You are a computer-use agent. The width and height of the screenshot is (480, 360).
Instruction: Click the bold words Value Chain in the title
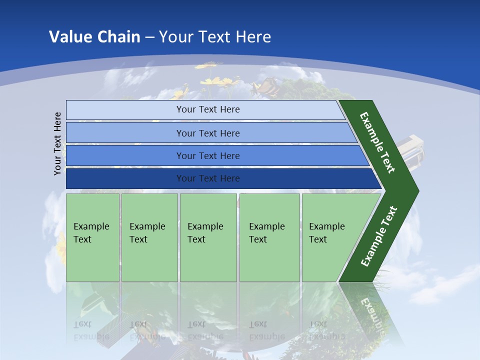click(x=94, y=37)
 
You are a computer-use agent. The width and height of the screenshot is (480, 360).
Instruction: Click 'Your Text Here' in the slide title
click(x=215, y=37)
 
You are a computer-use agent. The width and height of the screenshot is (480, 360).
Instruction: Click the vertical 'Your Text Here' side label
click(x=58, y=144)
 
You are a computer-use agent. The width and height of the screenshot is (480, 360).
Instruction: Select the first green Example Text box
click(x=92, y=237)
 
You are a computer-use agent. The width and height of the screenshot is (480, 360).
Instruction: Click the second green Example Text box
click(x=149, y=237)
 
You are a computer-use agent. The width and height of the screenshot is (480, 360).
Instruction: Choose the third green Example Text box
click(x=208, y=237)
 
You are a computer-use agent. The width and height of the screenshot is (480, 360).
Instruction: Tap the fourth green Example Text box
click(x=269, y=237)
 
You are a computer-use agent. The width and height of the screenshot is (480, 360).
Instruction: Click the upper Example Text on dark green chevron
click(x=377, y=142)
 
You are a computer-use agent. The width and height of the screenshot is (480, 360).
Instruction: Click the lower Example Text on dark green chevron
click(x=379, y=236)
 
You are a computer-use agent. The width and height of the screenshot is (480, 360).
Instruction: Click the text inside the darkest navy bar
click(x=208, y=178)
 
